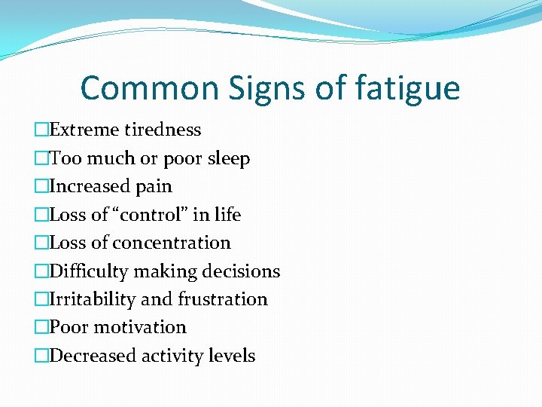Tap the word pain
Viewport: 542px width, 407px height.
click(154, 187)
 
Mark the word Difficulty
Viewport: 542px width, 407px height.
click(85, 271)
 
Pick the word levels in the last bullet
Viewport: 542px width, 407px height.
click(230, 356)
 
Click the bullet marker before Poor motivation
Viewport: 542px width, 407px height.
click(42, 327)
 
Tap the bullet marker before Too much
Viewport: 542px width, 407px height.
click(42, 158)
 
